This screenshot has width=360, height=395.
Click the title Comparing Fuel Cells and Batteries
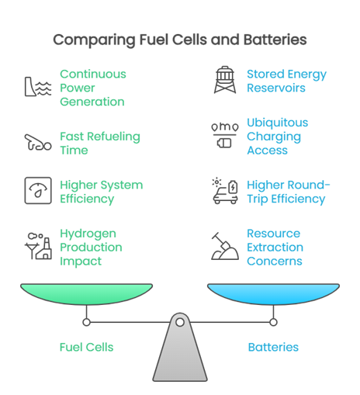click(x=180, y=40)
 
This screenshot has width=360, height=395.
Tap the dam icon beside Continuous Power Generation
click(x=38, y=87)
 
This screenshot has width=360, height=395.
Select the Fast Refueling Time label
click(x=100, y=144)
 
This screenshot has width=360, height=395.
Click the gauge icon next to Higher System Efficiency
click(x=38, y=191)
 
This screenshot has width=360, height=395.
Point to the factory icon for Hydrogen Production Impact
click(x=38, y=246)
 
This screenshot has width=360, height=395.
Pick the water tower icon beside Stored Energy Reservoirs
click(x=225, y=80)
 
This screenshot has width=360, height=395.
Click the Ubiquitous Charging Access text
click(x=278, y=137)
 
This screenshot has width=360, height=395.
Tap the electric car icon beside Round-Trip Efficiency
click(x=225, y=191)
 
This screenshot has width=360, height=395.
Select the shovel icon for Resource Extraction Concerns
click(x=225, y=246)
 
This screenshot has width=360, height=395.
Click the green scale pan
click(x=86, y=294)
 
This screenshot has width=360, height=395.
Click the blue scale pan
click(x=273, y=294)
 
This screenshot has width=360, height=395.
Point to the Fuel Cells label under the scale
click(x=86, y=347)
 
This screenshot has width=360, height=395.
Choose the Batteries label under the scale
click(x=273, y=347)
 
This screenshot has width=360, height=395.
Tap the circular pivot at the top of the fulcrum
click(x=180, y=322)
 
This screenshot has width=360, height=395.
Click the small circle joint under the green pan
click(x=86, y=322)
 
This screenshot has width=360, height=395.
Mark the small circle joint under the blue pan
click(x=273, y=322)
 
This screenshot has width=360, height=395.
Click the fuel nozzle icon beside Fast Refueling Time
click(x=38, y=142)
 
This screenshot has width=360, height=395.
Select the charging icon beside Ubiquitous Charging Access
click(x=225, y=135)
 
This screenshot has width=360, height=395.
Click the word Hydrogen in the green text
click(x=88, y=234)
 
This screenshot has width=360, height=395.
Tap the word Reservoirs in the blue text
click(x=276, y=88)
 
